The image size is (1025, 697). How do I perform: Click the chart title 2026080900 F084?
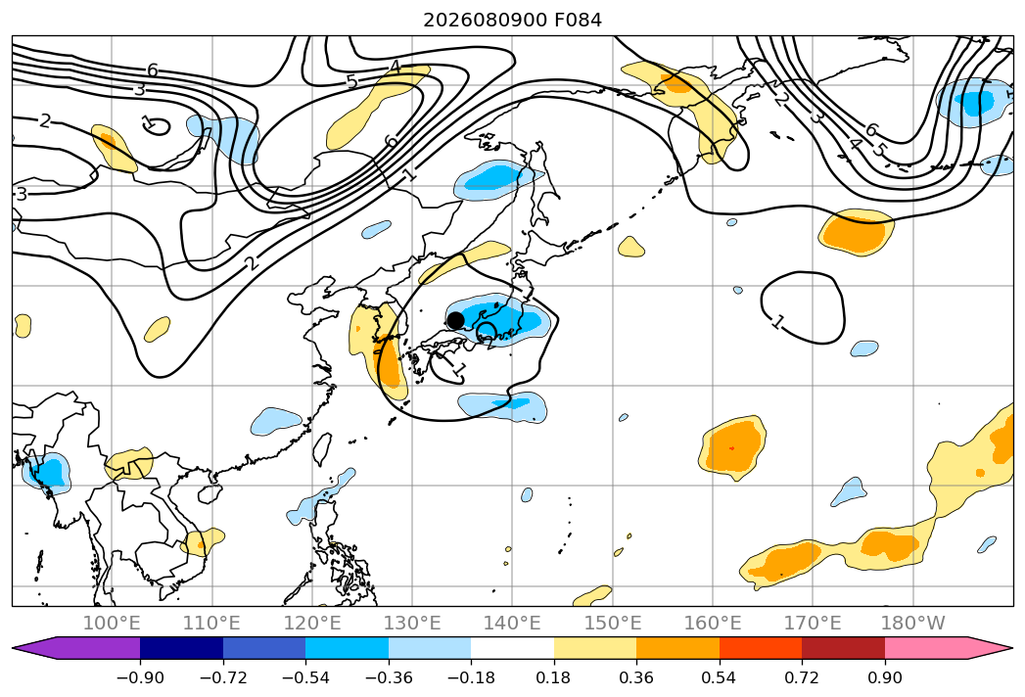click(513, 20)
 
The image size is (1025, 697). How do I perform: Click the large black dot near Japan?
click(455, 320)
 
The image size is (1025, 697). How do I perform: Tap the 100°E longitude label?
click(112, 623)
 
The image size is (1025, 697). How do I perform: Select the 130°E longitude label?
click(412, 623)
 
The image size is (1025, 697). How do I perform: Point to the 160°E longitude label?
click(713, 623)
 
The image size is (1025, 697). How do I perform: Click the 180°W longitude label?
click(912, 623)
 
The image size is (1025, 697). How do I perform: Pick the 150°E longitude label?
click(613, 623)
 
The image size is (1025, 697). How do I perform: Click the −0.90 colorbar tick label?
click(140, 677)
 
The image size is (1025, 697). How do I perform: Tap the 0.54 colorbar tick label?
click(719, 677)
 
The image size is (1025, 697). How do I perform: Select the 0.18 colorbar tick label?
click(553, 677)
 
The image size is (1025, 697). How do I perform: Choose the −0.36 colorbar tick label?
click(389, 677)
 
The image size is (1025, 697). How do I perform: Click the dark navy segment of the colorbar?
click(182, 648)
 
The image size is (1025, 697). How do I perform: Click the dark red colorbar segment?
click(843, 648)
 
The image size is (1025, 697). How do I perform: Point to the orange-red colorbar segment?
click(761, 648)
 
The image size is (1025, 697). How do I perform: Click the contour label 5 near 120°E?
click(351, 81)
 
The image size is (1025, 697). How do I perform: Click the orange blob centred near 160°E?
click(732, 448)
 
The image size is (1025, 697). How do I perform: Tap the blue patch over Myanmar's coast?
click(46, 472)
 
